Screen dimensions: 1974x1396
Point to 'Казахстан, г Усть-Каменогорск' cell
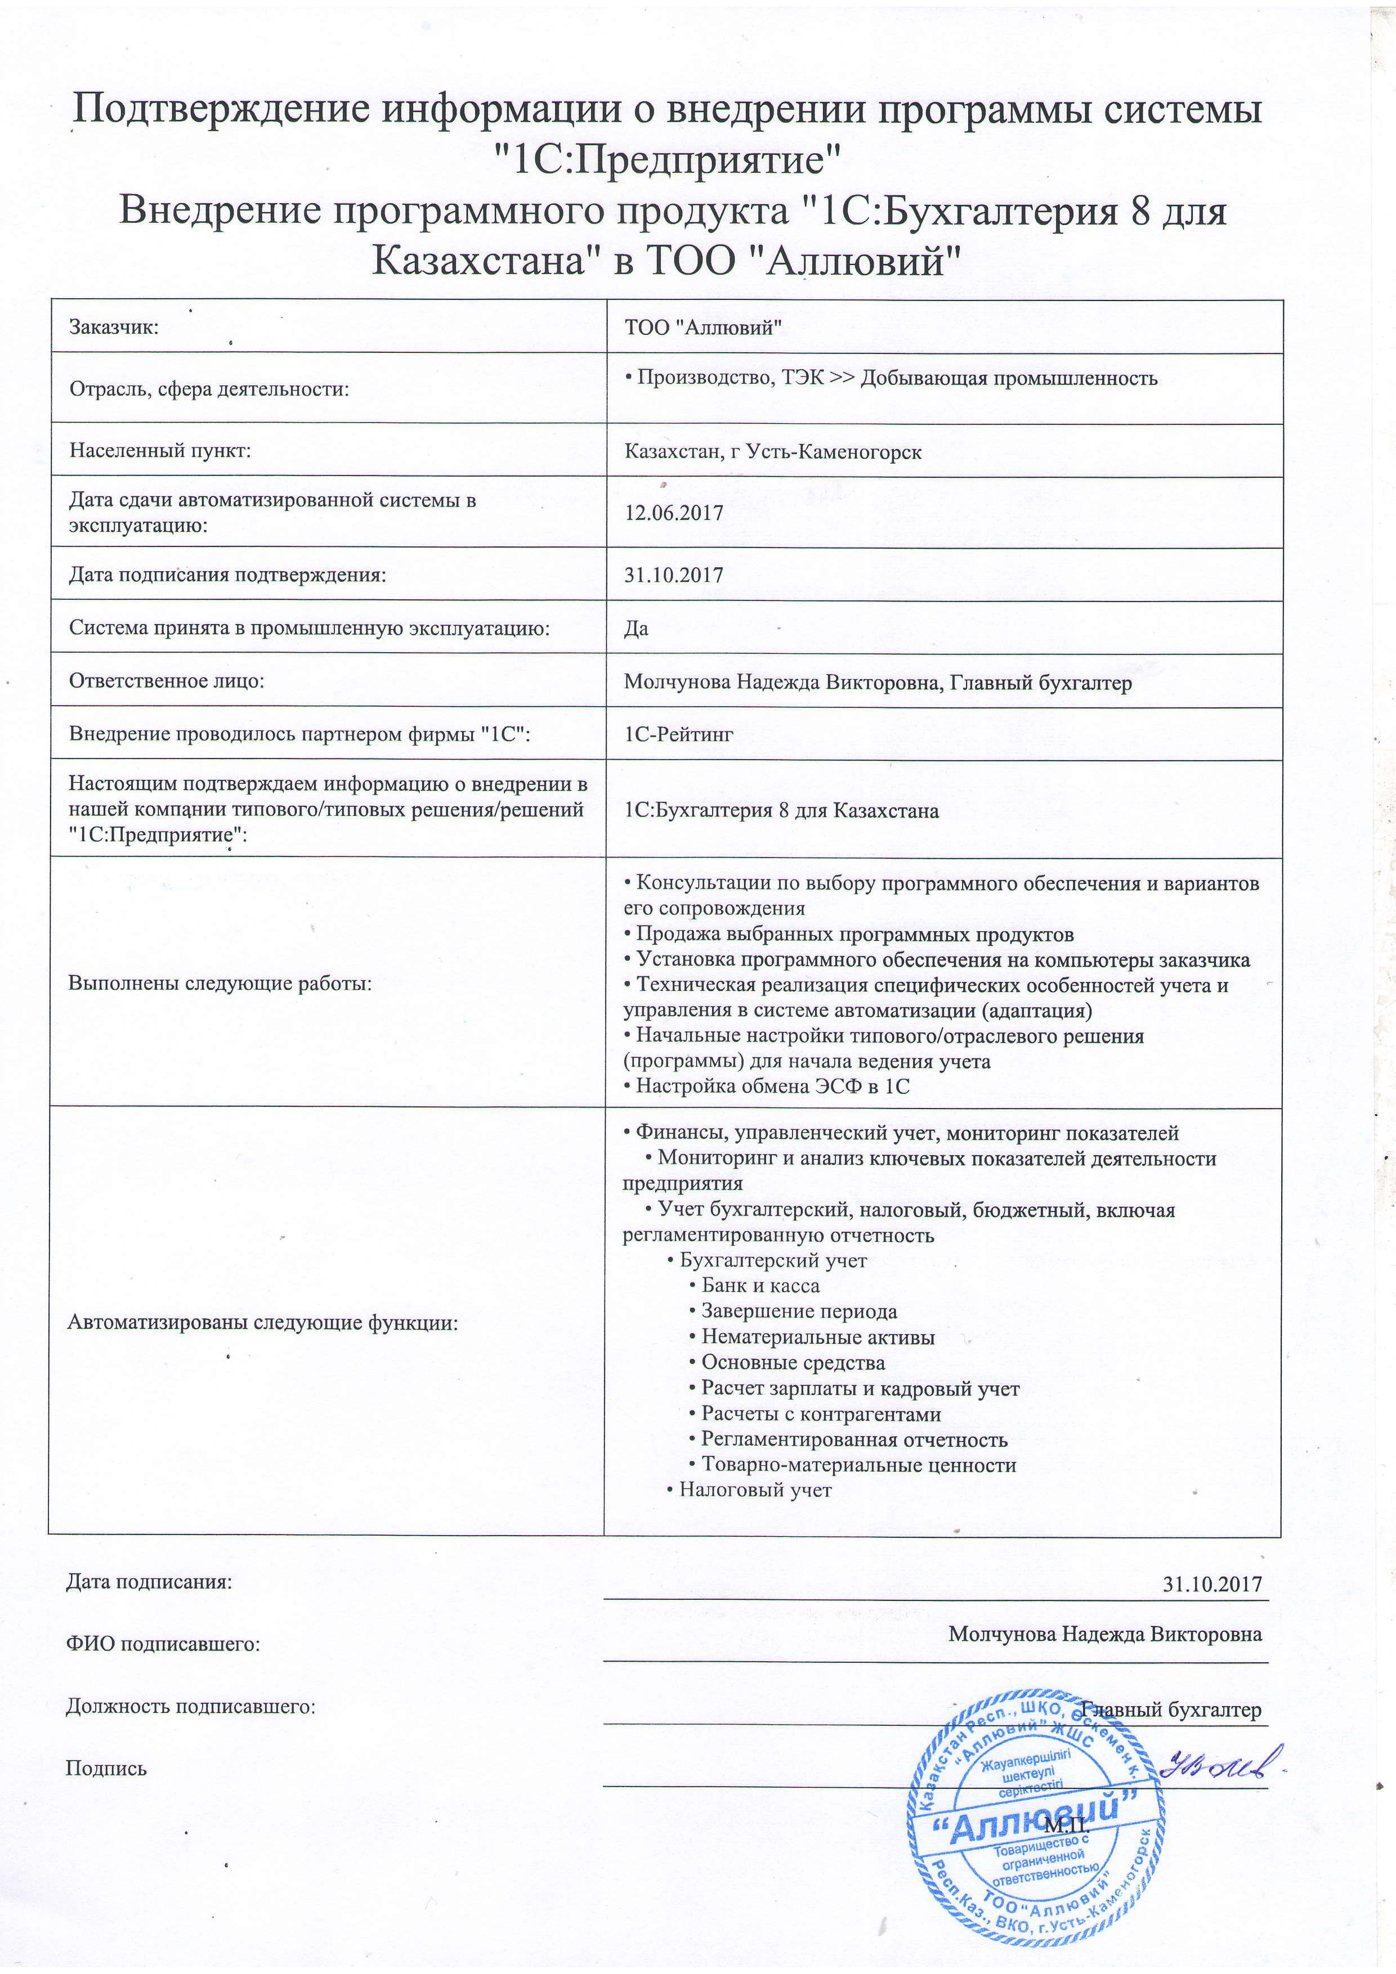(x=772, y=451)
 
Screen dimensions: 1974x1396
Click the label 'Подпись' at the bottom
(x=106, y=1769)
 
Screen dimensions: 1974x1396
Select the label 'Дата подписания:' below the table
(x=149, y=1581)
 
